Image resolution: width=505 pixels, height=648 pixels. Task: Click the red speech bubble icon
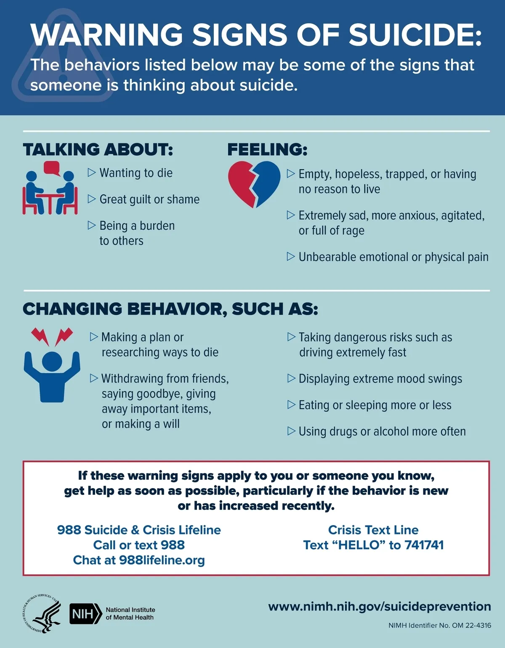52,167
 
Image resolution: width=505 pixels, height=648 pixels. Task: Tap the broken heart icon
254,183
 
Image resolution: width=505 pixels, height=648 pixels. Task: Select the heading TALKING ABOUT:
98,149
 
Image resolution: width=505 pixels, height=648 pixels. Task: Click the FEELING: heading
267,149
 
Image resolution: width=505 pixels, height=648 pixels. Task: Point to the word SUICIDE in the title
415,35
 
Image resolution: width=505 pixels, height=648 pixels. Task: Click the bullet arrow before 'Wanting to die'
92,173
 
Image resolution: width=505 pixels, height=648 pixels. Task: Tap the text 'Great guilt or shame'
149,199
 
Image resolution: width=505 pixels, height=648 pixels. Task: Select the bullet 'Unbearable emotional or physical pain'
393,257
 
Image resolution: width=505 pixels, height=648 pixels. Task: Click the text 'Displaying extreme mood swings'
380,379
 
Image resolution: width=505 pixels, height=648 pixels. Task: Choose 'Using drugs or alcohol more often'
382,431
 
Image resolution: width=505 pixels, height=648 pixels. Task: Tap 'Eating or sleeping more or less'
375,405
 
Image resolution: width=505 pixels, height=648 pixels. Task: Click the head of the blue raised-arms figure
52,361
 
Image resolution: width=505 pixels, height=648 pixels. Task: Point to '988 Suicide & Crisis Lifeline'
139,530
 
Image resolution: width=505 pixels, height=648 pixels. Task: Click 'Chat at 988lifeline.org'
139,560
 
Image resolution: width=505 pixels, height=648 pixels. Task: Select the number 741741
424,545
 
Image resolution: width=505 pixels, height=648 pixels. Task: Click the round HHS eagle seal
41,613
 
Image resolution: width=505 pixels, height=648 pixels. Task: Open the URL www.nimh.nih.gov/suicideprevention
380,606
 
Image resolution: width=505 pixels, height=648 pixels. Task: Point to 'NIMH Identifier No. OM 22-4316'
440,625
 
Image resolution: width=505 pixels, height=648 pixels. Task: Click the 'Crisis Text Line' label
373,530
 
